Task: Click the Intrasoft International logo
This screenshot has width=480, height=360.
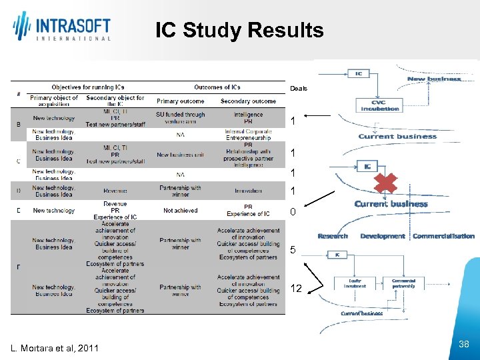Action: (x=62, y=27)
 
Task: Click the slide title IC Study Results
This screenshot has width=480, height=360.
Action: (x=239, y=31)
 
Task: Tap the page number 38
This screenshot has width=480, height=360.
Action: (x=465, y=344)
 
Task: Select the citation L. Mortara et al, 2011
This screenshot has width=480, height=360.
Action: (x=55, y=348)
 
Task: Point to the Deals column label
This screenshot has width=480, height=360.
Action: (x=298, y=89)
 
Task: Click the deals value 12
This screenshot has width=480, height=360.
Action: (x=297, y=289)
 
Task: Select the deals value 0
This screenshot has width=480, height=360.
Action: (x=293, y=213)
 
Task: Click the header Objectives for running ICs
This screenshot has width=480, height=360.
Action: (x=89, y=87)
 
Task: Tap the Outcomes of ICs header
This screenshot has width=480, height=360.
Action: (x=217, y=87)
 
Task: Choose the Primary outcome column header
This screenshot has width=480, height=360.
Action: (x=180, y=101)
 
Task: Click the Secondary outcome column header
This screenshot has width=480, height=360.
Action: (x=248, y=101)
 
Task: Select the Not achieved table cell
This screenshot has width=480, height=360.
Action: (x=180, y=211)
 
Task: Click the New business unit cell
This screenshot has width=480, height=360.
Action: (x=180, y=155)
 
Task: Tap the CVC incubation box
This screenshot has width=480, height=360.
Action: (x=379, y=105)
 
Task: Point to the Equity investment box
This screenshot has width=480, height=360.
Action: (x=355, y=284)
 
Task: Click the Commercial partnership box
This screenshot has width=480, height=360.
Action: (x=403, y=284)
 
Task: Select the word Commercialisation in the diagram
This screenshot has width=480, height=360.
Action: (x=443, y=236)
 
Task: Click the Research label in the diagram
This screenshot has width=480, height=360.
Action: (x=333, y=236)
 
